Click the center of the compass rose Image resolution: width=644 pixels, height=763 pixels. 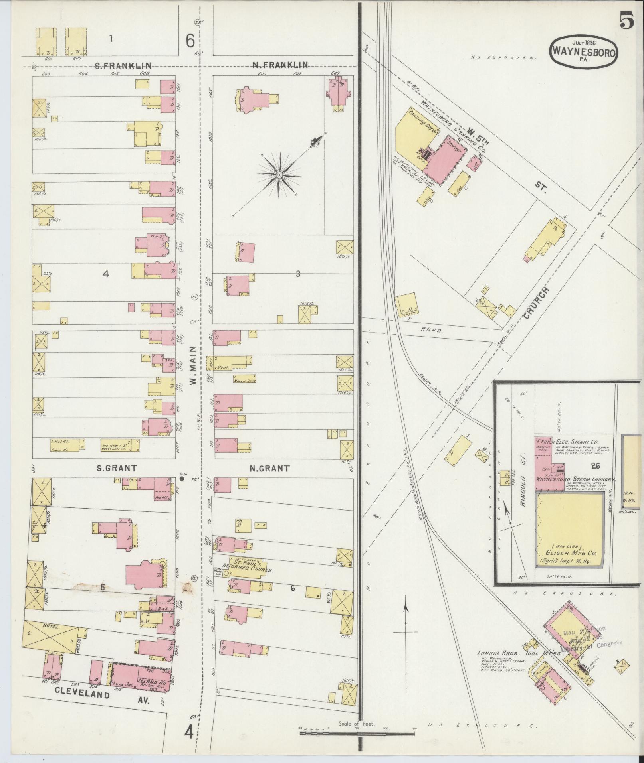[279, 175]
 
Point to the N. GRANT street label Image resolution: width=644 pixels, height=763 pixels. [269, 468]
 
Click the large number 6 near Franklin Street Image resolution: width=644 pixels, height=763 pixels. [190, 40]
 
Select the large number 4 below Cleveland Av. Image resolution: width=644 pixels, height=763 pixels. [189, 731]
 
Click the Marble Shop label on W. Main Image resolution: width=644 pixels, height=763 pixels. [244, 381]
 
